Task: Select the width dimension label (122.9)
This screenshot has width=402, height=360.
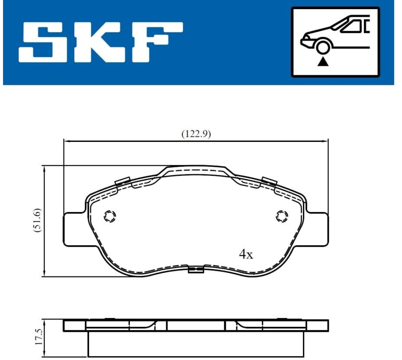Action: (196, 134)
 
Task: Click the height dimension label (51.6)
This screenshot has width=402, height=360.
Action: (38, 221)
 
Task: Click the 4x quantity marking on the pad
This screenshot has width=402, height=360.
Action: (246, 254)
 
